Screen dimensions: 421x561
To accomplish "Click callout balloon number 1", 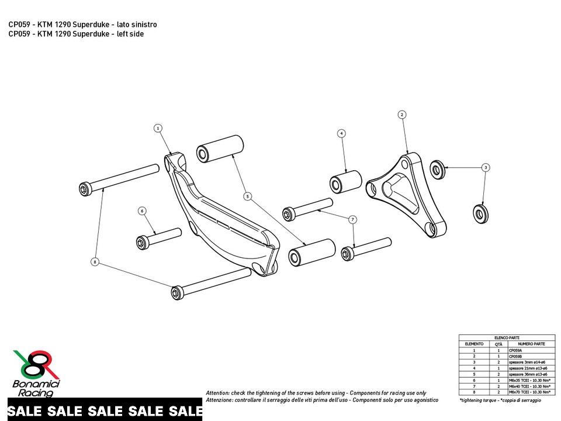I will [x=158, y=127].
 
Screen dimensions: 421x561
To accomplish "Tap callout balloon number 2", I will [x=402, y=115].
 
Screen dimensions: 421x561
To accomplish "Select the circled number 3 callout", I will [x=486, y=167].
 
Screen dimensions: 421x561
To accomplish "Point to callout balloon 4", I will [x=341, y=133].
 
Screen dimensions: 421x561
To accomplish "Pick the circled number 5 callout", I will [x=248, y=196].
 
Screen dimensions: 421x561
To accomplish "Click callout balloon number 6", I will [x=141, y=210].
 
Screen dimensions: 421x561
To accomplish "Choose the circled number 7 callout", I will [x=352, y=219].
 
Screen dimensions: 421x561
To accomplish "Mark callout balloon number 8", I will [x=95, y=262].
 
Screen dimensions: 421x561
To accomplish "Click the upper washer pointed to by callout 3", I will [x=438, y=169].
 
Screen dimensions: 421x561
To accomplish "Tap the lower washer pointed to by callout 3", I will [x=480, y=212].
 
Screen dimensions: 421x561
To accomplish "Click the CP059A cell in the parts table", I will [x=515, y=350].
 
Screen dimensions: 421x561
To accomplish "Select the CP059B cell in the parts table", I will [x=515, y=356].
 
